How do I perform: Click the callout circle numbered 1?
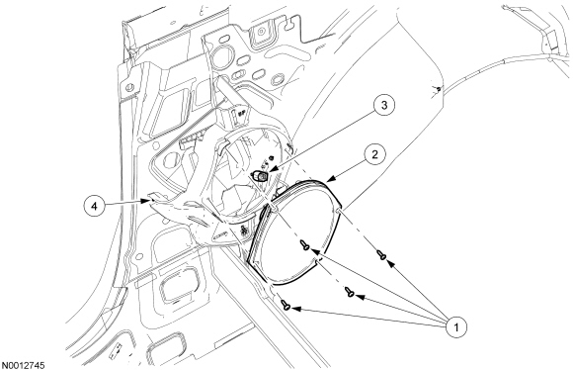coord(455,326)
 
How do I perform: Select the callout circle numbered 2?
coord(374,154)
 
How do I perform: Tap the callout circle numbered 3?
coord(384,106)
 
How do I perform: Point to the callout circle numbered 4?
coord(95,207)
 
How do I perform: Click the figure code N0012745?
coord(24,365)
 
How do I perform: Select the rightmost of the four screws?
coord(381,254)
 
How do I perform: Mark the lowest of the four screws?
coord(286,305)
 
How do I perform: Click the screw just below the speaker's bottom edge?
coord(350,292)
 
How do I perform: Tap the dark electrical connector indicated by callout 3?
coord(261,176)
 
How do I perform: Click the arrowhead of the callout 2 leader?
coord(329,179)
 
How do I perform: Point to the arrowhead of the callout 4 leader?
coord(146,201)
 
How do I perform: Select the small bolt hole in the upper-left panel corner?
coord(128,88)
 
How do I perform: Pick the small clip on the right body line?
coord(437,89)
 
